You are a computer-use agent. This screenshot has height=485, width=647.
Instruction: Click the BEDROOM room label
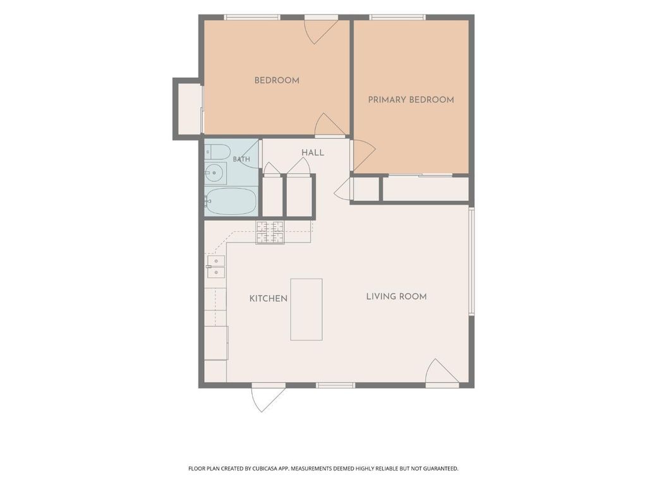[x=277, y=80]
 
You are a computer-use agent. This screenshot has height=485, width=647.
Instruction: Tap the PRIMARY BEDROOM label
[x=411, y=100]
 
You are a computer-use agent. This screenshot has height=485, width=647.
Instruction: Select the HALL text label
[x=313, y=153]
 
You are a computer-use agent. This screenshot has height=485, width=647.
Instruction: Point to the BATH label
[x=241, y=159]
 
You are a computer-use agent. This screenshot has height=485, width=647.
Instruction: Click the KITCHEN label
[x=268, y=299]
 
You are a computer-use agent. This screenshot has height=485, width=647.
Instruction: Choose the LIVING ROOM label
[x=397, y=297]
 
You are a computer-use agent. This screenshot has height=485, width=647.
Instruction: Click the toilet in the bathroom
[x=217, y=152]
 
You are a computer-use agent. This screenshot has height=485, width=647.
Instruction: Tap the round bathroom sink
[x=215, y=173]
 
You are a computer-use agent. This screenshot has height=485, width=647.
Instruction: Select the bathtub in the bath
[x=231, y=201]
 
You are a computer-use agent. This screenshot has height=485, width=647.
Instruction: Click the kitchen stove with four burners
[x=270, y=232]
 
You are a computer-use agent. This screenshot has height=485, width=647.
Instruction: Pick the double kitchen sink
[x=216, y=266]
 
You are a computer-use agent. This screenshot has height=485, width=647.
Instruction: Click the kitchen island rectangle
[x=306, y=309]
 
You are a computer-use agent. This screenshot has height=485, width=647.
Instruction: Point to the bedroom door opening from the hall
[x=330, y=125]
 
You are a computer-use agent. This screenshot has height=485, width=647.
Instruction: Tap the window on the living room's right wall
[x=471, y=261]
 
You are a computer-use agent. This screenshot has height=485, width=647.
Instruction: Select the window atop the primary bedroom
[x=397, y=17]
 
